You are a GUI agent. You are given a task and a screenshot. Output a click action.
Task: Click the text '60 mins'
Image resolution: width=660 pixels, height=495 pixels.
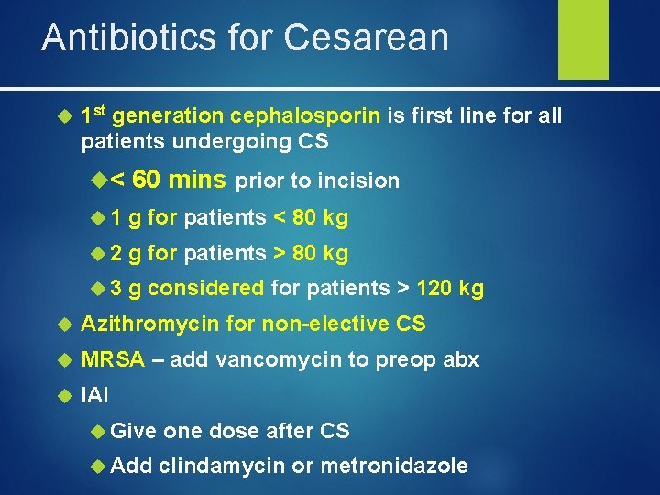point(180,180)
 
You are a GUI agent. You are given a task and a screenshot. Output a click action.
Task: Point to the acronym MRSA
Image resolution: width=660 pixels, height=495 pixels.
point(113,359)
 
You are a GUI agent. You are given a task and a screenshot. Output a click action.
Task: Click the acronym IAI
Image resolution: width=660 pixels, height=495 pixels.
point(95,395)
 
